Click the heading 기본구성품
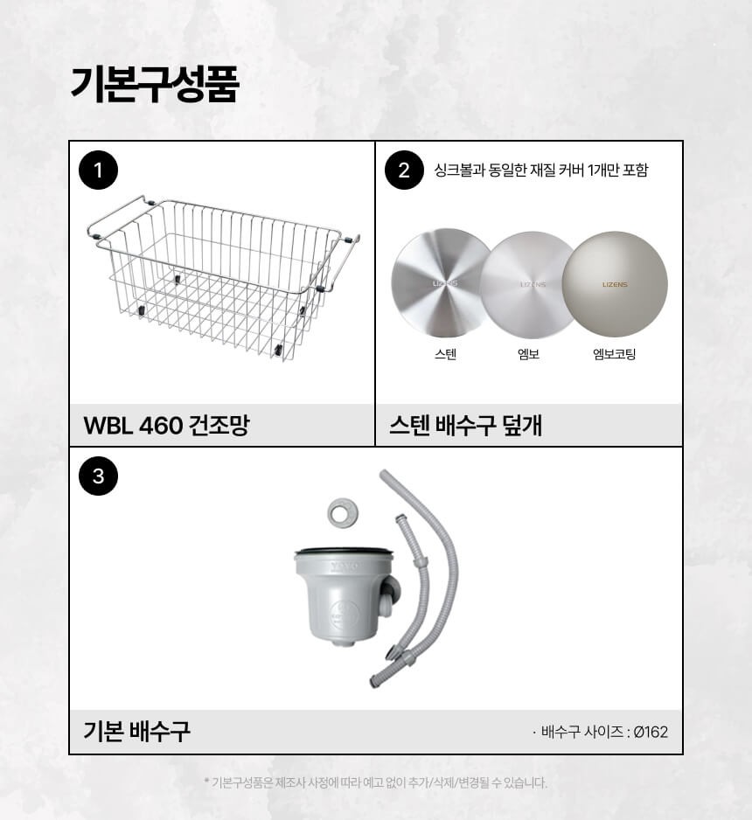(x=155, y=84)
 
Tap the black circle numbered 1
(x=98, y=170)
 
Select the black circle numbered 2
(x=404, y=170)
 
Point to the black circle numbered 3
(x=98, y=476)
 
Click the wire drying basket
(x=223, y=277)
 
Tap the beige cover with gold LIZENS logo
(x=615, y=284)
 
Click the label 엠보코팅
(x=615, y=354)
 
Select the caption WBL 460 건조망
(x=166, y=425)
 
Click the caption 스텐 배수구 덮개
(x=465, y=425)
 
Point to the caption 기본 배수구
(x=137, y=731)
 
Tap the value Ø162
(x=651, y=732)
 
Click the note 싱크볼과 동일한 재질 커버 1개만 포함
(x=540, y=170)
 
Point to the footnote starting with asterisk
(x=375, y=783)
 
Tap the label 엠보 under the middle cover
(x=528, y=354)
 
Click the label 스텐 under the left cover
(x=446, y=354)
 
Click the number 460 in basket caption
(x=161, y=426)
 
